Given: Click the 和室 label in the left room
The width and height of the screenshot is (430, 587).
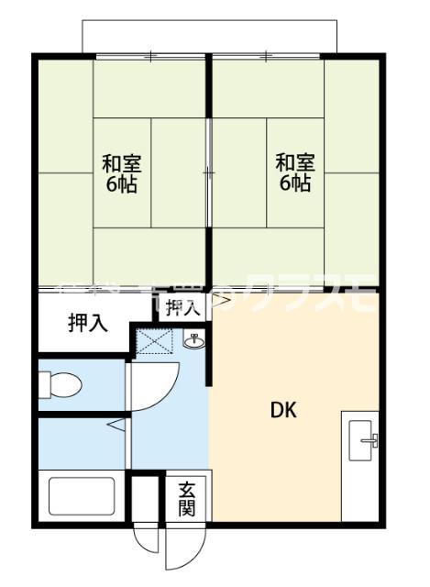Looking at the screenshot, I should pyautogui.click(x=120, y=164).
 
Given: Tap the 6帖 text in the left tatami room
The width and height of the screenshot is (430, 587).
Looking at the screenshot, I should pyautogui.click(x=120, y=184).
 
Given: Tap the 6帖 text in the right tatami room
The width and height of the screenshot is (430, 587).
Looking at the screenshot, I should pyautogui.click(x=295, y=183).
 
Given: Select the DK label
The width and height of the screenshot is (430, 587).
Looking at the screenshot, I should pyautogui.click(x=281, y=410).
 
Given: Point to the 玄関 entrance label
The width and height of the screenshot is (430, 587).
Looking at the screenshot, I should pyautogui.click(x=186, y=499).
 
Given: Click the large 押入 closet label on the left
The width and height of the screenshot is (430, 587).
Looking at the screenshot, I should pyautogui.click(x=87, y=323).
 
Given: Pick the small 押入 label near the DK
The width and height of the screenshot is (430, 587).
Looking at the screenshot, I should pyautogui.click(x=183, y=307).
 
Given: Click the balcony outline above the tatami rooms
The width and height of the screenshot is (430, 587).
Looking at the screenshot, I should pyautogui.click(x=211, y=35).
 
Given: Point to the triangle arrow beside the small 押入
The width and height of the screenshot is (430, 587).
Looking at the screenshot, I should pyautogui.click(x=221, y=298).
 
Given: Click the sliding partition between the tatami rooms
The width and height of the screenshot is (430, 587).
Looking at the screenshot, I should pyautogui.click(x=209, y=174).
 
